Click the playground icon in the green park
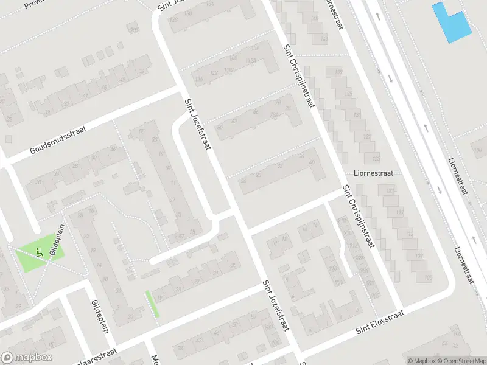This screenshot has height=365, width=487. (x=39, y=251)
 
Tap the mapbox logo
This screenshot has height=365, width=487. (x=27, y=358)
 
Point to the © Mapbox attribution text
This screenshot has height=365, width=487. (x=421, y=361)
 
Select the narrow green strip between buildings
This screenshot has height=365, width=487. (x=152, y=303)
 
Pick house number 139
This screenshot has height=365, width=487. (x=338, y=72)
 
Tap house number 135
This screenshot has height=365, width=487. (x=348, y=94)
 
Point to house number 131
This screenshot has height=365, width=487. (x=358, y=115)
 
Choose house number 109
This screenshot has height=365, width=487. (x=418, y=255)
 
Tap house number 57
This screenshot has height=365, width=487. (x=180, y=237)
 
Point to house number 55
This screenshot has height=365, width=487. (x=142, y=131)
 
